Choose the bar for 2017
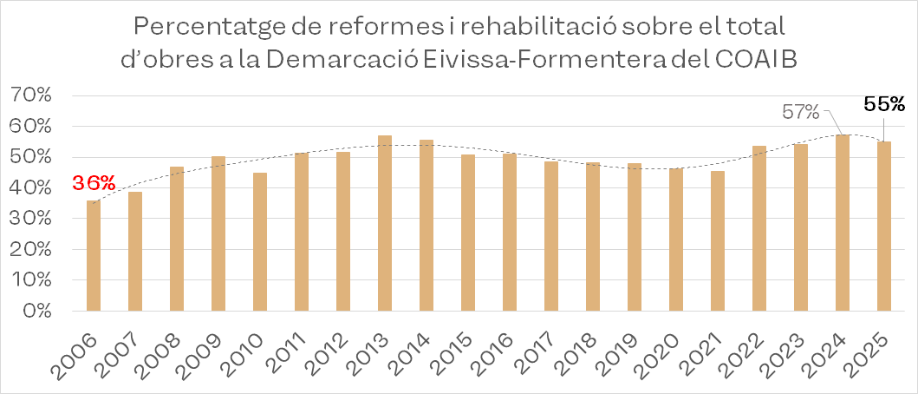coord(551,236)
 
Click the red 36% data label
coord(94,184)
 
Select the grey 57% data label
coord(801,112)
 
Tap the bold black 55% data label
coord(884,104)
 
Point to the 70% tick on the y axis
coord(32,95)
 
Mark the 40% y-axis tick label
coord(32,187)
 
